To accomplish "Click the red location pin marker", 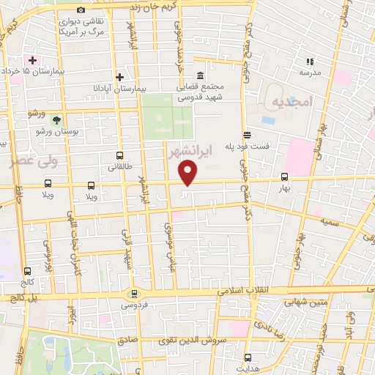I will click(189, 173).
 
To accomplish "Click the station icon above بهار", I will click(285, 177).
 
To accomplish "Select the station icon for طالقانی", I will click(119, 155).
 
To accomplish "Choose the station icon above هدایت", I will click(247, 358).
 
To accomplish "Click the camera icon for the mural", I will click(81, 10).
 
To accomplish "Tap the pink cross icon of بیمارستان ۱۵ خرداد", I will click(31, 59).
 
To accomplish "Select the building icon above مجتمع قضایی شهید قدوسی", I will click(199, 75).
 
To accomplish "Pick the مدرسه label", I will click(311, 73).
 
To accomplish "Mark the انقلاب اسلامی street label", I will click(241, 291).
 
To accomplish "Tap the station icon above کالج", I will click(27, 270).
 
